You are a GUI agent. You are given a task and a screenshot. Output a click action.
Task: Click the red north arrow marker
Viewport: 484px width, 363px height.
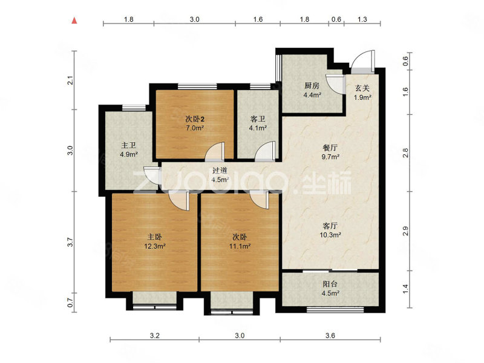[74, 21]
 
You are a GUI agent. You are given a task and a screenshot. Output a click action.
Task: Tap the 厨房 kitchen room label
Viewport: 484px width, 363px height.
[312, 86]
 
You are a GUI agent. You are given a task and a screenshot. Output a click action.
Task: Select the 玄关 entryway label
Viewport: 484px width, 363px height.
[362, 88]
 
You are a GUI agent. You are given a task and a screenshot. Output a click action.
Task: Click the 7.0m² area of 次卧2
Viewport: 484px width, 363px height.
[194, 128]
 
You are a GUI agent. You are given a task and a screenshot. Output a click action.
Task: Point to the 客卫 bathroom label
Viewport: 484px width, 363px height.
[258, 119]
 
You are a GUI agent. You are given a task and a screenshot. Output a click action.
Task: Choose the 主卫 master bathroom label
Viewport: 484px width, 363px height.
[129, 145]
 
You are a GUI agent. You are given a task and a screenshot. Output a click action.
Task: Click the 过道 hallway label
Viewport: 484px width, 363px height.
[220, 171]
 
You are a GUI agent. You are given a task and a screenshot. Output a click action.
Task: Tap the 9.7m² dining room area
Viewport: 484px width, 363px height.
[330, 157]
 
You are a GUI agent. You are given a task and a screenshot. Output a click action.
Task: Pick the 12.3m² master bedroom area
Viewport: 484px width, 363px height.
[155, 246]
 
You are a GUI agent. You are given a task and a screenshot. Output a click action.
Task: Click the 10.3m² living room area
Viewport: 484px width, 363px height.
[330, 235]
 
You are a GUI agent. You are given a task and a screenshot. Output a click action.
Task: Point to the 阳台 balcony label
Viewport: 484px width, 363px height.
[330, 284]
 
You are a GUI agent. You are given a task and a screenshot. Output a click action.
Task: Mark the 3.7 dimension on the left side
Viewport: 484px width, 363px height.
[71, 241]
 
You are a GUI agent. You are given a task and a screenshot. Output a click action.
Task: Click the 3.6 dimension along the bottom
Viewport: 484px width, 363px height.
[330, 335]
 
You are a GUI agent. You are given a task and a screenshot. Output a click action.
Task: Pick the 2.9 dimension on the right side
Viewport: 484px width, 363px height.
[405, 231]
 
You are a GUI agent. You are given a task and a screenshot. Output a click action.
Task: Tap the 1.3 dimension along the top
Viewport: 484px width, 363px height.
[362, 19]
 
